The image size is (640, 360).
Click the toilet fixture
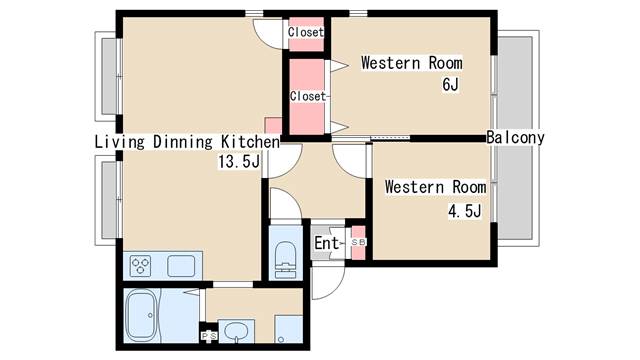[285, 260]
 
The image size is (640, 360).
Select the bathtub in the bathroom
[142, 315]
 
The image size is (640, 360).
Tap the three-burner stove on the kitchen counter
[140, 266]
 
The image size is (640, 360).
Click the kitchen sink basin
[181, 266]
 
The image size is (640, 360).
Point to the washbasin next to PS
[236, 331]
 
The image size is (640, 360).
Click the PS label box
[210, 336]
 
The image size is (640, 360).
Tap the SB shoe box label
[359, 242]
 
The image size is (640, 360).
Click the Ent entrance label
[327, 243]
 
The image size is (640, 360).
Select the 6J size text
[451, 84]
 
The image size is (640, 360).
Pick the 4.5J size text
[465, 211]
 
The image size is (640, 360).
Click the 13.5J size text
[239, 162]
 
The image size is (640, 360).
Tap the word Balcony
[516, 138]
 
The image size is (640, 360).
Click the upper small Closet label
[306, 32]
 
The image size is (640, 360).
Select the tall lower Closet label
[308, 96]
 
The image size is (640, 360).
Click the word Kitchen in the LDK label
[251, 142]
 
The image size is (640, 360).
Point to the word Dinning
[183, 142]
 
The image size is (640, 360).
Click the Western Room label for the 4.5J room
[436, 187]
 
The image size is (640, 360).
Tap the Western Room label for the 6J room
[412, 63]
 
